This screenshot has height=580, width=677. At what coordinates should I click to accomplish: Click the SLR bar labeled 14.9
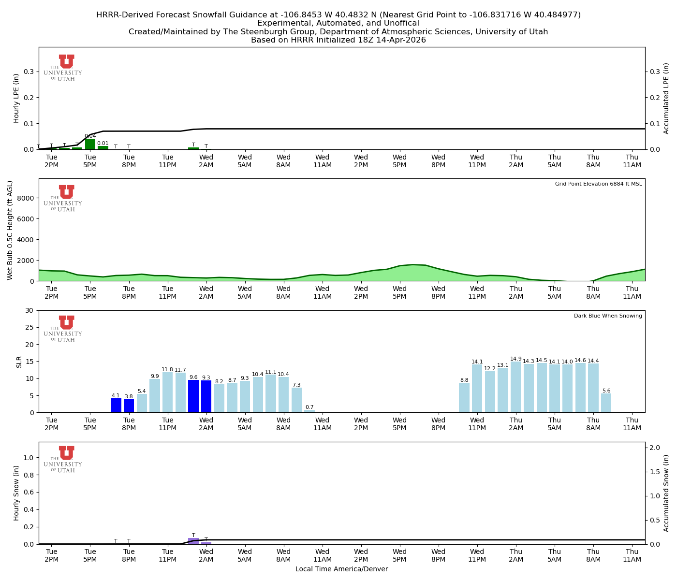coord(515,387)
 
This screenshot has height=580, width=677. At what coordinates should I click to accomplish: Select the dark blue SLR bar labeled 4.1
coord(116,405)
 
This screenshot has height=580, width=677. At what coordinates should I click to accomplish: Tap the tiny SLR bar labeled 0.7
coord(309,411)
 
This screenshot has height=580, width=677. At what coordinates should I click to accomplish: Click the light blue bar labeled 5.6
coord(606,403)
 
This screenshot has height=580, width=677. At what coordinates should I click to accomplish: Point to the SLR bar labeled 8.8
coord(464,397)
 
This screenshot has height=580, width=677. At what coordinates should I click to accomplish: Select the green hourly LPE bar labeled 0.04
coord(90,144)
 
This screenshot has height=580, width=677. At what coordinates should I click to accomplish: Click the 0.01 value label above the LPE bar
coord(103,143)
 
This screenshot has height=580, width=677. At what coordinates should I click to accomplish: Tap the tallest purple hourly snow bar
coord(193,541)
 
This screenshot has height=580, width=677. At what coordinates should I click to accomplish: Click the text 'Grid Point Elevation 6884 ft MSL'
coord(598,184)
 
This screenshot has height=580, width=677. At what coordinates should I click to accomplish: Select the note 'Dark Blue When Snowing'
coord(608,316)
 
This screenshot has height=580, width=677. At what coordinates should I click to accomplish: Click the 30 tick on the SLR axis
coord(30,310)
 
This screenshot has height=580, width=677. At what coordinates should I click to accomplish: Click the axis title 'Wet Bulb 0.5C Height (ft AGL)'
coord(10,230)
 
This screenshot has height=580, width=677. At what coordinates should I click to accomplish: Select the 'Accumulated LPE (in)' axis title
coord(666,98)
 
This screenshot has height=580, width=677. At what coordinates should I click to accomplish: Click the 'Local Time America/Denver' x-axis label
coord(341,569)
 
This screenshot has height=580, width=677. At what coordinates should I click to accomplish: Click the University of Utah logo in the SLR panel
coord(63,329)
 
